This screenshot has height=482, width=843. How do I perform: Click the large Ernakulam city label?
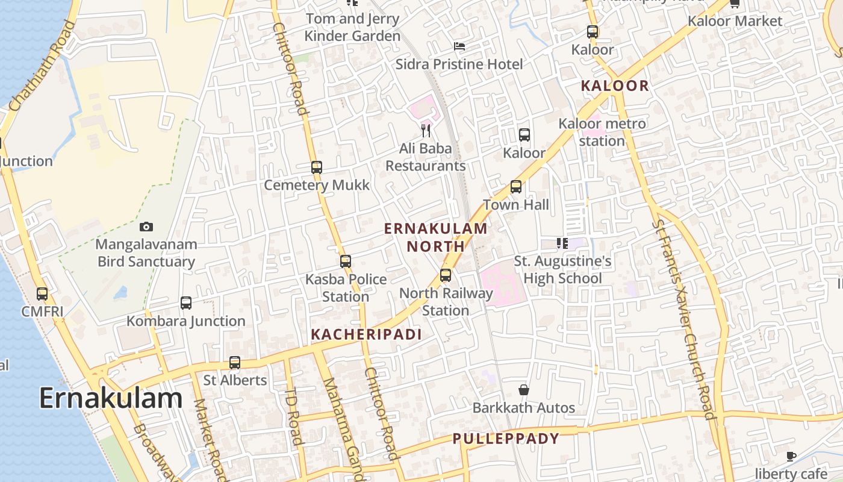111,398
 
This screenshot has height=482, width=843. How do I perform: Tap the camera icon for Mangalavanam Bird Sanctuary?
146,227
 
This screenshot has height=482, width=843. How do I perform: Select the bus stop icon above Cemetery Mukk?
317,167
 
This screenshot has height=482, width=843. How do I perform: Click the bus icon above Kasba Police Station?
346,261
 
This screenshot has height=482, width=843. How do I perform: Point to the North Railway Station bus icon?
446,275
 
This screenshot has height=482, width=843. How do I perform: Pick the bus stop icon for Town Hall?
516,187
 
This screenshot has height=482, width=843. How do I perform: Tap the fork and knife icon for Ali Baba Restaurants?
426,130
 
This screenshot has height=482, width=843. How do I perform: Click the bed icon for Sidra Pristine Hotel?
459,46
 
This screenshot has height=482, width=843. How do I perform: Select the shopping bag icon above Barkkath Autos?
524,390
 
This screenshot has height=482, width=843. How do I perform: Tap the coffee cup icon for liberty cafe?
791,456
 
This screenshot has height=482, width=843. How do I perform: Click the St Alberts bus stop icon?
235,363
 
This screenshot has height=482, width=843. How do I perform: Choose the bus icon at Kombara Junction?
186,303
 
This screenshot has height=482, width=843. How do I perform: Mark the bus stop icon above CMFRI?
42,294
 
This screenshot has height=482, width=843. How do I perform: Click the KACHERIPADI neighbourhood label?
366,334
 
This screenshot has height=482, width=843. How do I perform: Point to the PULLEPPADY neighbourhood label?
506,439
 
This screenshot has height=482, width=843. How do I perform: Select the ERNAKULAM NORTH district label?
436,237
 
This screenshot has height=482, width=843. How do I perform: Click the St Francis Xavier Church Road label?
684,319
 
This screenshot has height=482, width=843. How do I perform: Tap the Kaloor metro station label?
602,132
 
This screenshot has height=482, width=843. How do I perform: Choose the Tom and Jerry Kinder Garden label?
352,27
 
